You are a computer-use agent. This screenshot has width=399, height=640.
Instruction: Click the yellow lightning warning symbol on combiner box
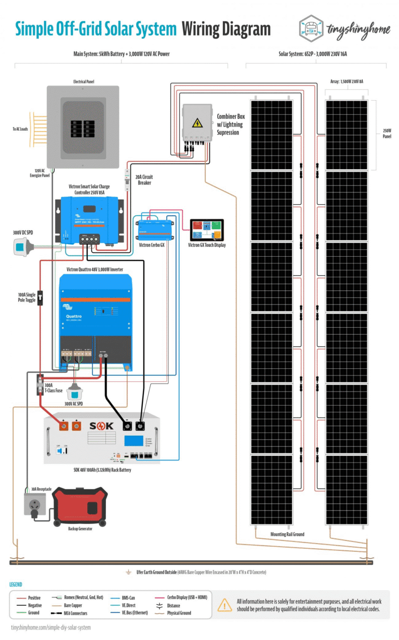[197, 122]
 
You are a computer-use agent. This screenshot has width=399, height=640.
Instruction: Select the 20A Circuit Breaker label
[144, 179]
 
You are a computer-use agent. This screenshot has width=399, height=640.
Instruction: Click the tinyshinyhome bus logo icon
[312, 27]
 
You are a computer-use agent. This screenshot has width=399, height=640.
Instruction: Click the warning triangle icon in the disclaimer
[224, 605]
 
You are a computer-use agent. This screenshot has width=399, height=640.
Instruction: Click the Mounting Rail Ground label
[287, 534]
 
